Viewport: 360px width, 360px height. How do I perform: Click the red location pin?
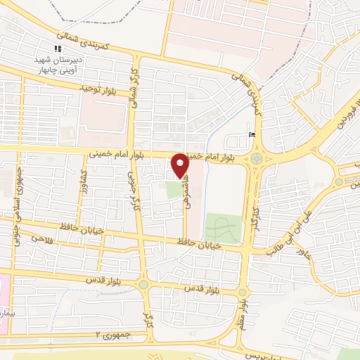180,165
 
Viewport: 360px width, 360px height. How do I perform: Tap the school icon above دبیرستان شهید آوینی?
58,49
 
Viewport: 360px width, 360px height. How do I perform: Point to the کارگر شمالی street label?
133,91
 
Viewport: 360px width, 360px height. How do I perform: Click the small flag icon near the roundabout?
252,135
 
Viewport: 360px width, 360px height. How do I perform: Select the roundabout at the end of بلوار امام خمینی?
258,159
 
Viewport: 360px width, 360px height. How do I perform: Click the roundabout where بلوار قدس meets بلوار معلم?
243,292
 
